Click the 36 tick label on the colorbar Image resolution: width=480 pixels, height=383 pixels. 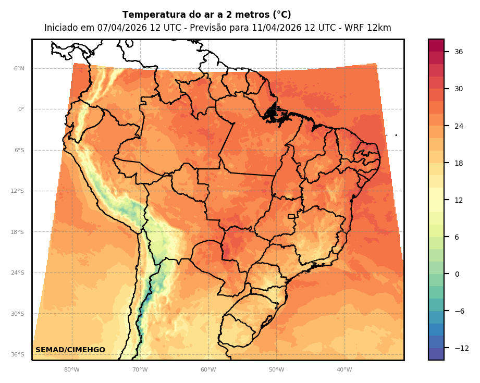[x=459, y=52]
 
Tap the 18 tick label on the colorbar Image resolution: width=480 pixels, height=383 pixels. [x=459, y=163]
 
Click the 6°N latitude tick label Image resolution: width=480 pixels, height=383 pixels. [x=19, y=68]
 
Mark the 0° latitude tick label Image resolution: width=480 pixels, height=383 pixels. [x=21, y=109]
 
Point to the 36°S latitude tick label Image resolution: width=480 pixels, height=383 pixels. [x=18, y=354]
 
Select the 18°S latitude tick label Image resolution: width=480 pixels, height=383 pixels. [x=18, y=232]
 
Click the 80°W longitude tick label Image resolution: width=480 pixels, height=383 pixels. [x=71, y=370]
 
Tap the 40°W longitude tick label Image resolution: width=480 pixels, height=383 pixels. [x=344, y=370]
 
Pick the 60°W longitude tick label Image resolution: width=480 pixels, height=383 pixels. [x=208, y=370]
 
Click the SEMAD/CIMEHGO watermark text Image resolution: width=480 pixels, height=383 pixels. [x=70, y=350]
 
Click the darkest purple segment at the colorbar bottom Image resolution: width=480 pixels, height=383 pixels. [x=436, y=354]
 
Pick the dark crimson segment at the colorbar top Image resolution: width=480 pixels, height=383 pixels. [x=436, y=45]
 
